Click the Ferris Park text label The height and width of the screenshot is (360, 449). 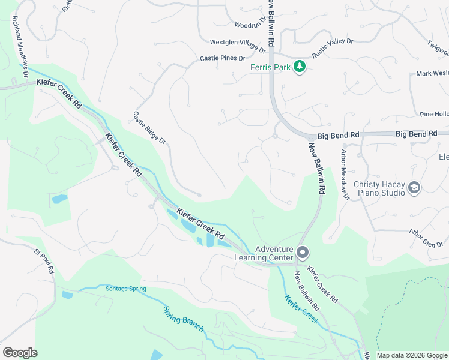coord(270,67)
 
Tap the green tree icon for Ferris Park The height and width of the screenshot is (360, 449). coord(300,67)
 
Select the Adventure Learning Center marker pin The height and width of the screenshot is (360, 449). coord(303,252)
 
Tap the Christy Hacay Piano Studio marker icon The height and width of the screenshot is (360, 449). coord(414,188)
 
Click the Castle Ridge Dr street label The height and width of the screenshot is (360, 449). coord(149,128)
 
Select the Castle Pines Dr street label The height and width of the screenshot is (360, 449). coord(223,58)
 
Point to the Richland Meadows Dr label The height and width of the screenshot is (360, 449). coord(19,49)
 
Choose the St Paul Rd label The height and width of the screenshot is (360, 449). coord(44,263)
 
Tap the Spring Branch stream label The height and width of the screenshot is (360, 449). coord(184,320)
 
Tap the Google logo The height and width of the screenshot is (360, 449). coord(20,353)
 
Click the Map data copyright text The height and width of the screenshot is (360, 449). coord(411,355)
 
